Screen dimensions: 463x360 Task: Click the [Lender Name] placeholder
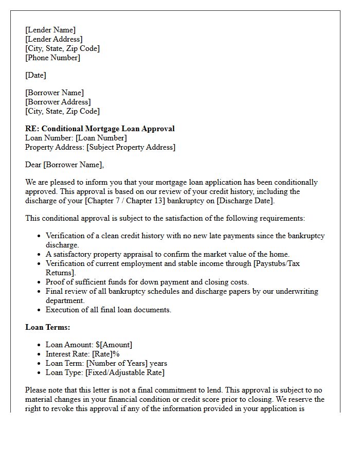50,30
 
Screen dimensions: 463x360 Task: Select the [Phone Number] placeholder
52,58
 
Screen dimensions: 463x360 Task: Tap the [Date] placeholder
35,75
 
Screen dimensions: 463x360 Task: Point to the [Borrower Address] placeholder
58,102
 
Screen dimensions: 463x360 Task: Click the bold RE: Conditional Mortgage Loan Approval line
100,129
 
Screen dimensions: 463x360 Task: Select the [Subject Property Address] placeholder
131,147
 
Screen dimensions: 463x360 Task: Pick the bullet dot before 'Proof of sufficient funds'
39,282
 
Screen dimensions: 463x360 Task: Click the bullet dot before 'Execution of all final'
39,310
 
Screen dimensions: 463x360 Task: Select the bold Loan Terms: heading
48,327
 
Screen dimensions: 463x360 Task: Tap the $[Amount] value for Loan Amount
114,345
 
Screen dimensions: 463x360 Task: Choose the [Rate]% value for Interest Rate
106,354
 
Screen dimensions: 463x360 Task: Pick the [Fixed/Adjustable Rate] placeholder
125,372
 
